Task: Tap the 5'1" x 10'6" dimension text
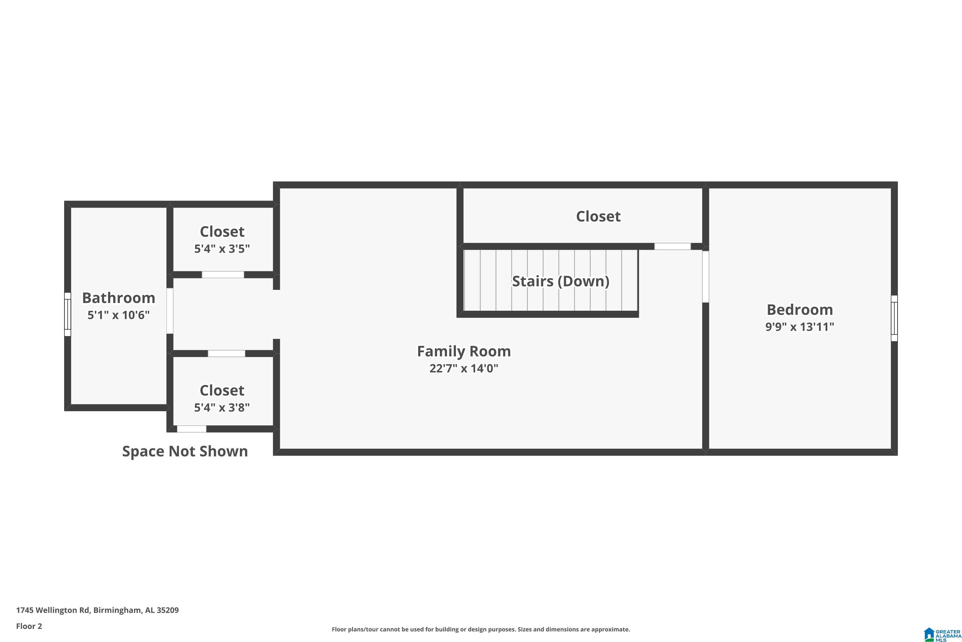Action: click(119, 315)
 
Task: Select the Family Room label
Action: click(464, 351)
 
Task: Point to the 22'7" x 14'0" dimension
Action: click(464, 368)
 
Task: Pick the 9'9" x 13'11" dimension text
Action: click(800, 327)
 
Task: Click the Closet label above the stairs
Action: click(598, 216)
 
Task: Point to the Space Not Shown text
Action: click(185, 451)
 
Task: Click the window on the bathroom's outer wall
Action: click(67, 315)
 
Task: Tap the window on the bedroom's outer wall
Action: click(894, 318)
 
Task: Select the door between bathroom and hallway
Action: click(170, 311)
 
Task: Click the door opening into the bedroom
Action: click(705, 276)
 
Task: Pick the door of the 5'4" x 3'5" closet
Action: click(223, 275)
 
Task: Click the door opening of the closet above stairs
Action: click(672, 247)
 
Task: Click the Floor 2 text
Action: click(29, 626)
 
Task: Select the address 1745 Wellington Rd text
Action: click(53, 610)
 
